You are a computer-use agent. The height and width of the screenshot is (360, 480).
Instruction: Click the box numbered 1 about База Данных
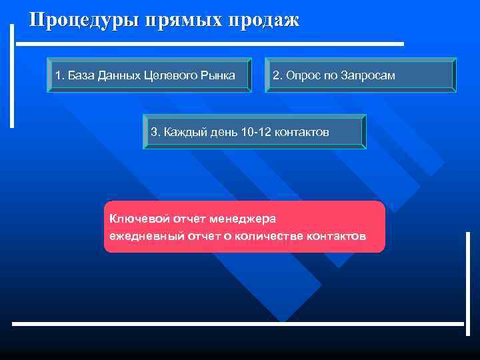(149, 75)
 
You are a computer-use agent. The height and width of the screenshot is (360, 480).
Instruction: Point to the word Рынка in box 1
(218, 75)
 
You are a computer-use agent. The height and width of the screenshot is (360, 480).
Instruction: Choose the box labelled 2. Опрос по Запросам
(361, 75)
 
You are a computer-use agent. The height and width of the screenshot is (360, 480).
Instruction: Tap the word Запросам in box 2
(368, 75)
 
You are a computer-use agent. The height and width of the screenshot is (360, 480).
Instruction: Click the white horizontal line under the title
(210, 44)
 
